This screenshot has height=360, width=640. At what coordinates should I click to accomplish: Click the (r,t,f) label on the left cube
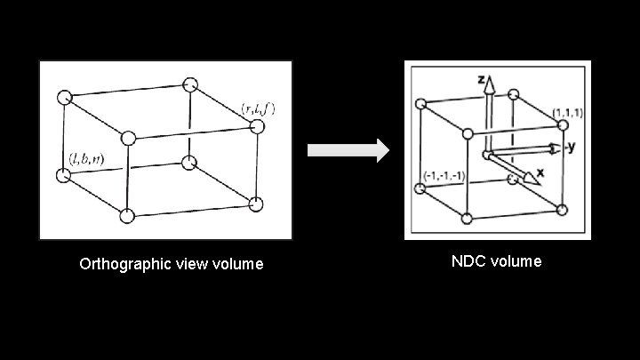tap(259, 109)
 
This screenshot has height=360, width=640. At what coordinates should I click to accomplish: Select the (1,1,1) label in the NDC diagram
tap(566, 113)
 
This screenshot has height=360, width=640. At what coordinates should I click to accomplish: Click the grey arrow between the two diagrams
tap(348, 150)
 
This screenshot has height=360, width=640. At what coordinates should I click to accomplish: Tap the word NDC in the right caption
tap(468, 261)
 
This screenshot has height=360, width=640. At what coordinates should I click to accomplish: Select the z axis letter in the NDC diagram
tap(481, 81)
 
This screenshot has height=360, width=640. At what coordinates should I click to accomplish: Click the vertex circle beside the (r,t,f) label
tap(259, 127)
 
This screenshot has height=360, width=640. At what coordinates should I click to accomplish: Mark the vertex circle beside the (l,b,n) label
tap(63, 174)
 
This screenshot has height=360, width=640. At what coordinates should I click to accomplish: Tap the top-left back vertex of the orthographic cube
tap(63, 97)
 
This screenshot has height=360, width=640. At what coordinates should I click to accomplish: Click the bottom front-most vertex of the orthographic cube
tap(127, 214)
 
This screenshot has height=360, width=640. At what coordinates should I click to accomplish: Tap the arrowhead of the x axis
tap(533, 177)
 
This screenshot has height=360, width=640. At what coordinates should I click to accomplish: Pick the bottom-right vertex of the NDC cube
tap(560, 209)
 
